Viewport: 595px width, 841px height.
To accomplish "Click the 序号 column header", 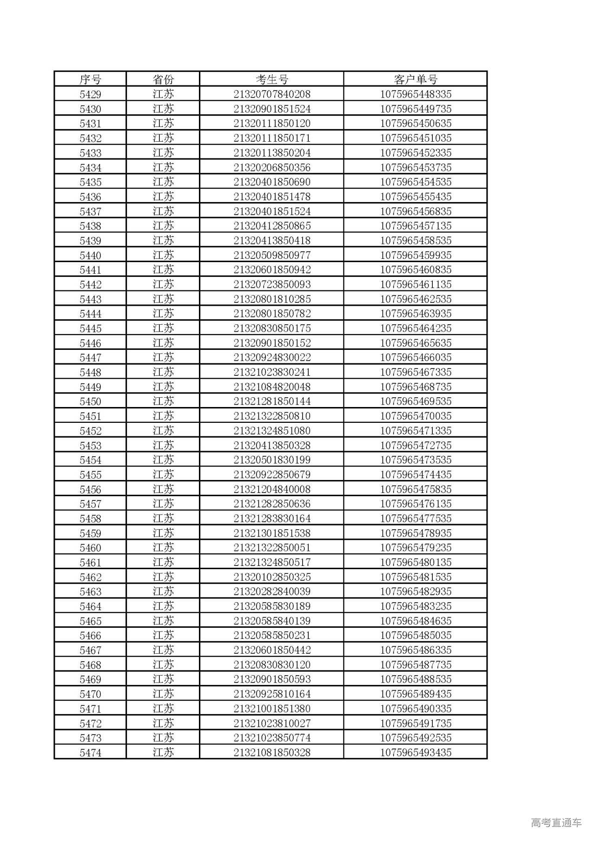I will (x=90, y=79).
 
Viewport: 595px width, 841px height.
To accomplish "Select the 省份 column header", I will (x=163, y=79).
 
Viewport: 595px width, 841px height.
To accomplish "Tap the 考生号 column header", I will (x=272, y=79).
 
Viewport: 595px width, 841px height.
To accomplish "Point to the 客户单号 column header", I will (x=416, y=79).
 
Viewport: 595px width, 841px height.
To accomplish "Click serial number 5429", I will (x=90, y=94).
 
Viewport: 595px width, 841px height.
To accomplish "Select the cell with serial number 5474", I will (x=90, y=752).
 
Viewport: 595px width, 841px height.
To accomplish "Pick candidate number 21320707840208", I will (x=272, y=94).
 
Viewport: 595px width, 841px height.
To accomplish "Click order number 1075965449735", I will (x=416, y=109).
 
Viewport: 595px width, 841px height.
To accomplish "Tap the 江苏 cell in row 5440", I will (x=163, y=255).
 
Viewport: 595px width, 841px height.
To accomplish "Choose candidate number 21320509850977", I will (x=272, y=255).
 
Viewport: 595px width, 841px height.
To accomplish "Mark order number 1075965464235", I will (x=416, y=328).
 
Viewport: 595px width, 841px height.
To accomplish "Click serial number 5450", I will (x=90, y=401).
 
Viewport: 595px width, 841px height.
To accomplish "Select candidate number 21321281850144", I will (x=272, y=401).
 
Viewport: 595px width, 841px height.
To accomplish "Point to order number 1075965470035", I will (x=416, y=416).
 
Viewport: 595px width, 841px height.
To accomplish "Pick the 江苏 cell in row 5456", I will (x=163, y=489).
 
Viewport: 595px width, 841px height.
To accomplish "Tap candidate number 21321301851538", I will (x=272, y=533).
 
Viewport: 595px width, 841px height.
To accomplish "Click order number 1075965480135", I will (x=416, y=562).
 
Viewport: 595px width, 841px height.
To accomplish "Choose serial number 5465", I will (x=90, y=621).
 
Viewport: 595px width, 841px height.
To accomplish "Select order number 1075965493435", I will (x=416, y=752).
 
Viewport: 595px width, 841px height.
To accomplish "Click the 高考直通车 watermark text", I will (x=556, y=822).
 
